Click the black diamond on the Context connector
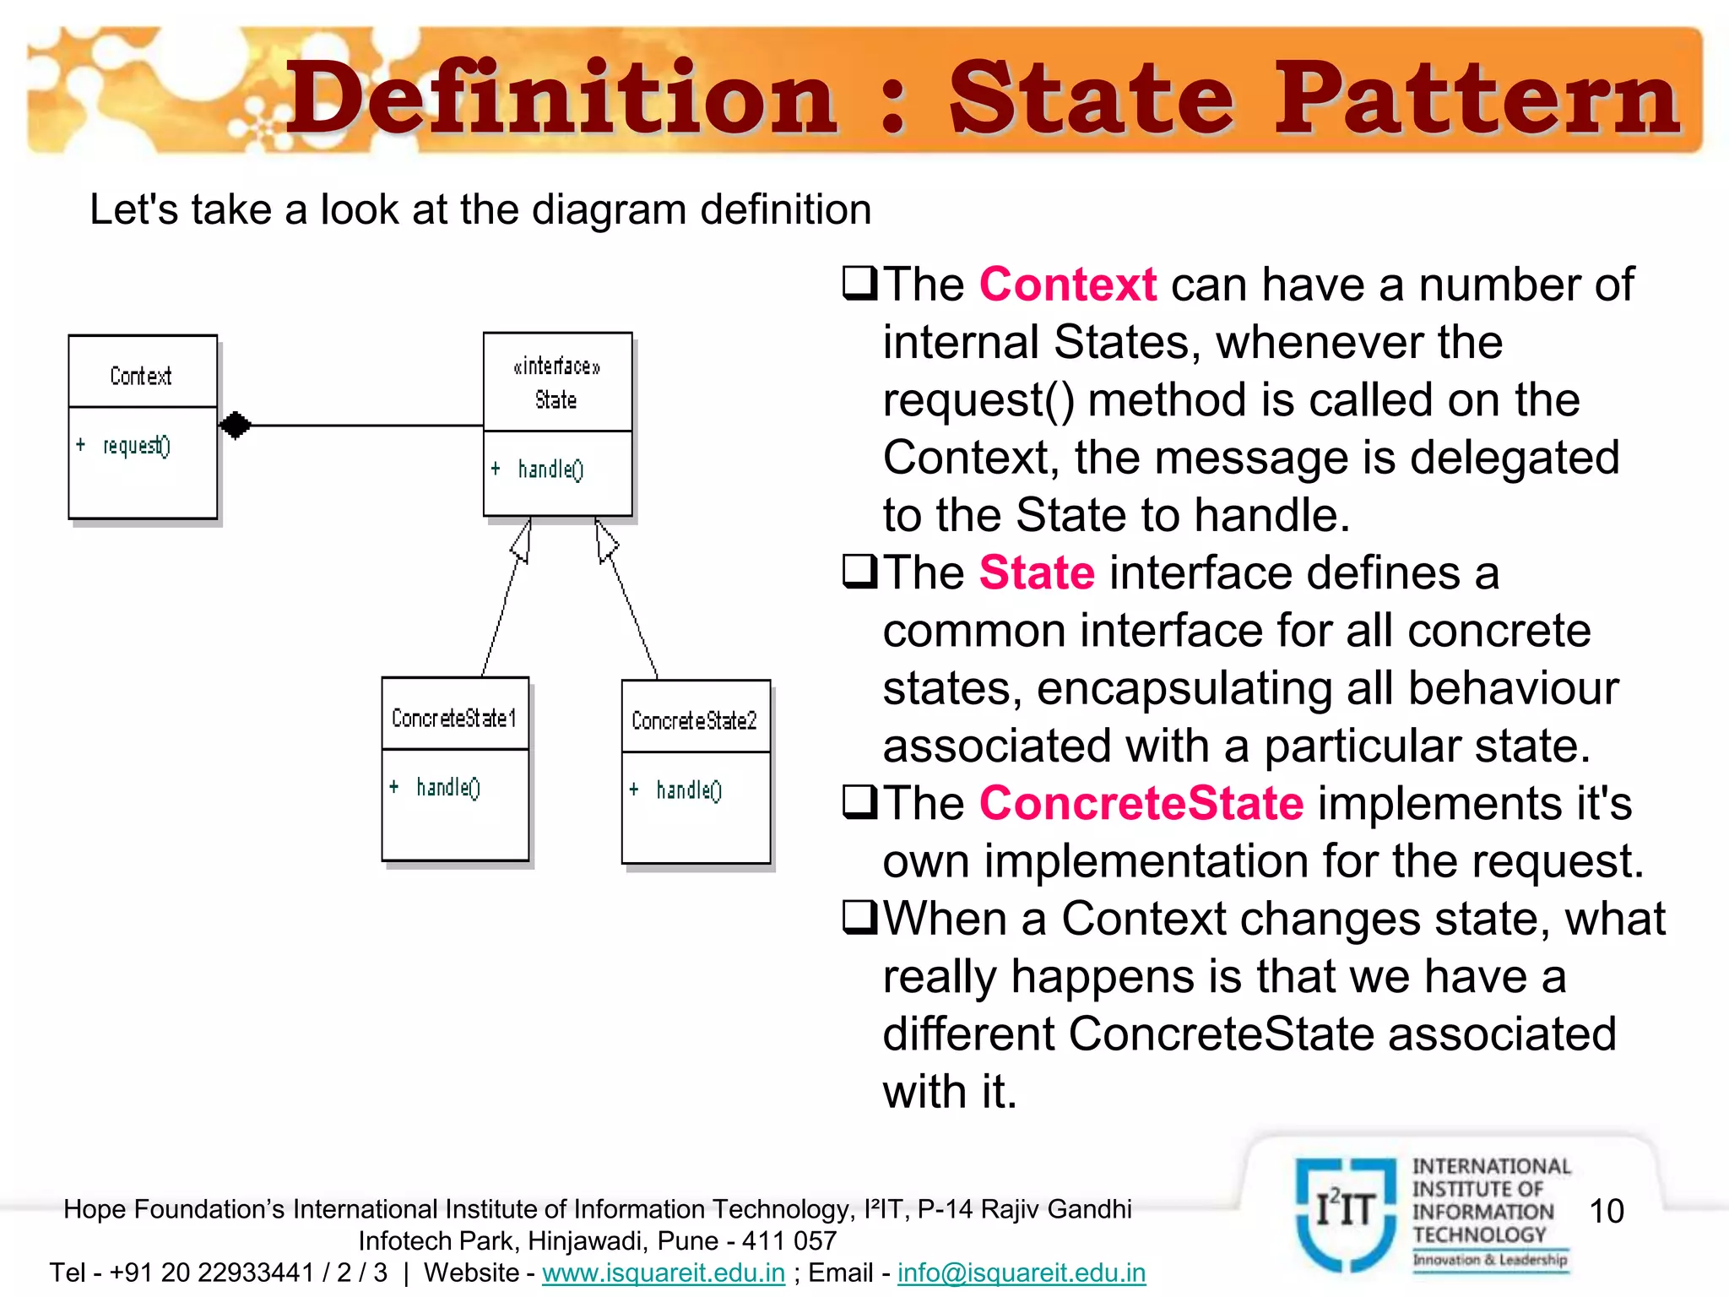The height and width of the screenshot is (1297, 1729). click(236, 425)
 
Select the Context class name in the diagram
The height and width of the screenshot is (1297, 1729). click(141, 376)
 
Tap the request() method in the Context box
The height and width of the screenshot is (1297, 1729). click(136, 445)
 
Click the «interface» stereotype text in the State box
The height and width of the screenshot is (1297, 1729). click(556, 366)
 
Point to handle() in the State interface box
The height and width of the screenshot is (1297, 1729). click(550, 469)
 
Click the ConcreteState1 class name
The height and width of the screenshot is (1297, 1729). click(454, 718)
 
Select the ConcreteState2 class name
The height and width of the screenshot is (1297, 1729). click(694, 720)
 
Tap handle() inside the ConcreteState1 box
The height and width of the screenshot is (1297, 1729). click(447, 787)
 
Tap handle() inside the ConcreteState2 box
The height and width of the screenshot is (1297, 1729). click(688, 790)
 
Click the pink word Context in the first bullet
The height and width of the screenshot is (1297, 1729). click(1067, 284)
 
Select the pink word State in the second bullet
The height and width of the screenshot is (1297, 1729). click(1037, 573)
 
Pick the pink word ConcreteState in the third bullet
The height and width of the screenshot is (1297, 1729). click(1141, 803)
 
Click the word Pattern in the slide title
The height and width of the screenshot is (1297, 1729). click(1476, 99)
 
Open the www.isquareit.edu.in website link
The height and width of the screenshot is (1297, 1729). click(664, 1273)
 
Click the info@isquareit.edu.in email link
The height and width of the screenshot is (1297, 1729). click(1022, 1273)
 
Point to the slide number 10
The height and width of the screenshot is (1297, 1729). click(1606, 1211)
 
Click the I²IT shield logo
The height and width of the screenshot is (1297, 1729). click(1346, 1213)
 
